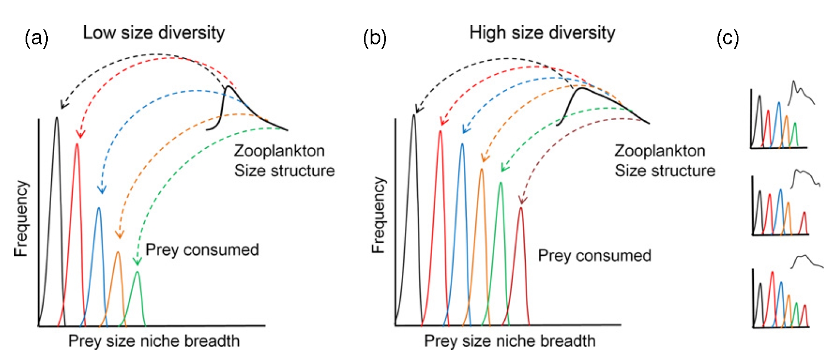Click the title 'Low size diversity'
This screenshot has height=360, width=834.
click(x=153, y=32)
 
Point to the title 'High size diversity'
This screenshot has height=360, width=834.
click(x=542, y=32)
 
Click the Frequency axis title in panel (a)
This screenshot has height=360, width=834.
click(x=22, y=219)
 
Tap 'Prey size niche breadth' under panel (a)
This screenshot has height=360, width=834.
click(x=153, y=341)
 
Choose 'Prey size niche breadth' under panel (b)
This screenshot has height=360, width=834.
click(x=509, y=341)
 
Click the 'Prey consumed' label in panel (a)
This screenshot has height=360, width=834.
click(x=202, y=249)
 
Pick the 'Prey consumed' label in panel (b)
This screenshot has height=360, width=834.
click(x=595, y=255)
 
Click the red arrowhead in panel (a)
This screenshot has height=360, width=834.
click(x=80, y=135)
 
